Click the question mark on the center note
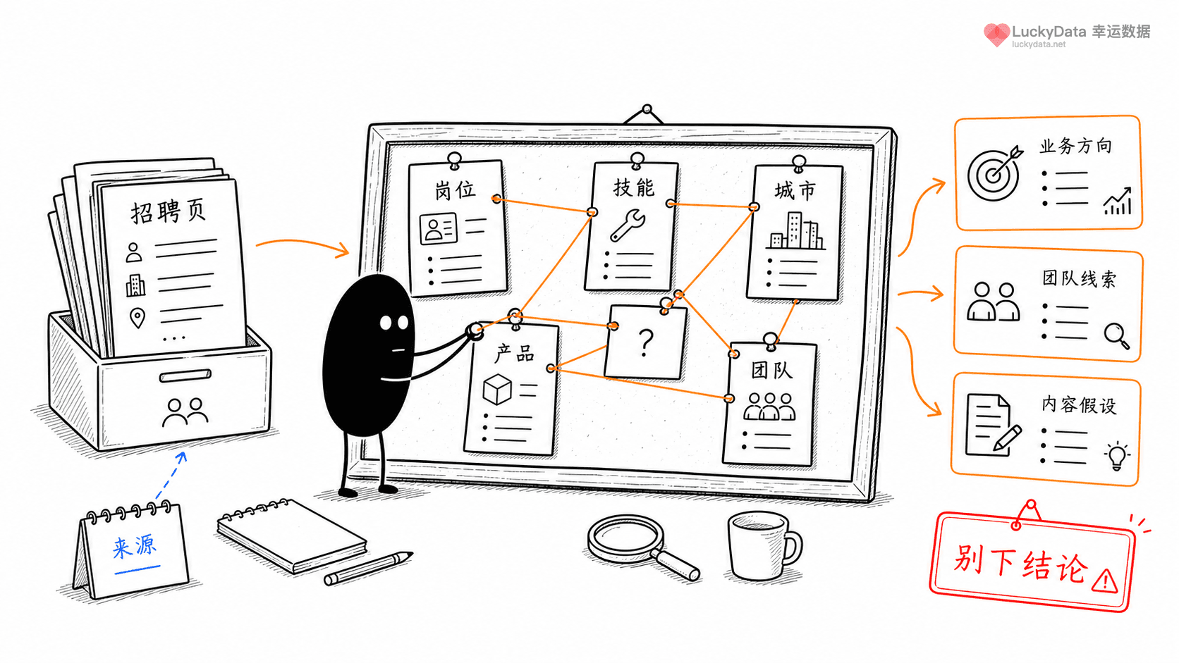645,343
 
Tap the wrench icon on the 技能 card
628,225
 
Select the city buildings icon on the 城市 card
796,231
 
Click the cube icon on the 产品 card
497,389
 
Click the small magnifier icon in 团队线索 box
1116,336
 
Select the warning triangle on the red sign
1104,581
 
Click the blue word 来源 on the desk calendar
135,547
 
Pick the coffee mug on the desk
764,546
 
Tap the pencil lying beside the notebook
368,568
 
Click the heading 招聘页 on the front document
168,212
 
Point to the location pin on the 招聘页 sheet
138,318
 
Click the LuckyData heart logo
996,35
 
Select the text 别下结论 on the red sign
1020,564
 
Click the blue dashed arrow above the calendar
171,476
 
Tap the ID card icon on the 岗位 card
438,228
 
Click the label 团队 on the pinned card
771,370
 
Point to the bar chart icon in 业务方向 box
1117,201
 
